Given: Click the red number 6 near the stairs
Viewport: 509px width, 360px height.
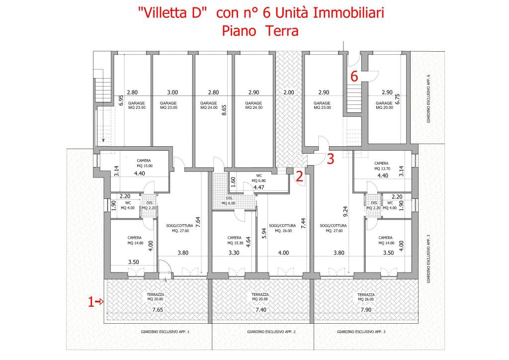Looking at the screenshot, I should [x=354, y=77].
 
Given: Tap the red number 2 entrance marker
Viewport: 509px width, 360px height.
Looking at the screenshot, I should [x=299, y=176].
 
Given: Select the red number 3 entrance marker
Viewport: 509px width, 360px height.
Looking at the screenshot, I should [x=330, y=159].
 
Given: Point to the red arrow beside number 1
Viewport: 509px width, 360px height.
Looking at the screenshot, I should [x=100, y=301].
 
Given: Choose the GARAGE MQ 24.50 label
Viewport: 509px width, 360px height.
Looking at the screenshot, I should [x=253, y=105].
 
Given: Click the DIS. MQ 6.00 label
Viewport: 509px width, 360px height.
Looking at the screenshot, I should [x=228, y=201].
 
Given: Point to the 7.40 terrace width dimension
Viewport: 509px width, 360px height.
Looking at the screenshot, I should [x=260, y=310].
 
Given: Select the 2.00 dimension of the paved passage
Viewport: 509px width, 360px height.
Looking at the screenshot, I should [x=289, y=92].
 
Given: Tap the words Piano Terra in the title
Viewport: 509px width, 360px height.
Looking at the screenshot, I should [x=260, y=31].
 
